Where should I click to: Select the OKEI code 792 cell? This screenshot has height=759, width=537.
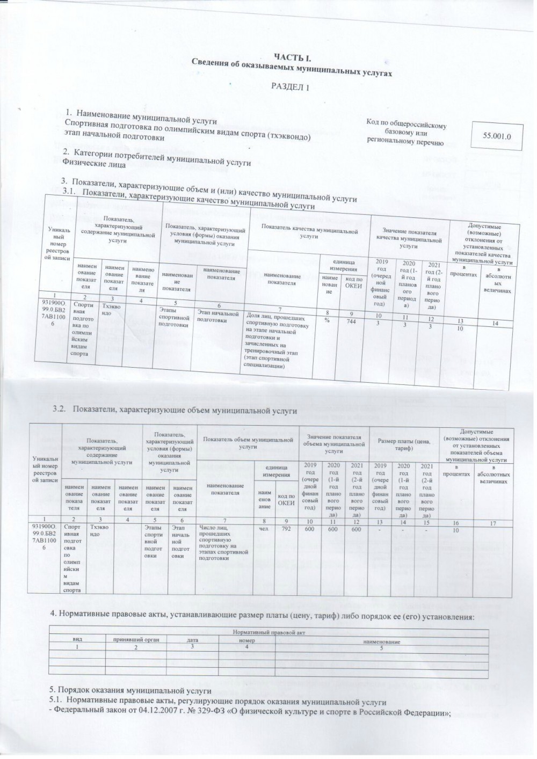pos(286,528)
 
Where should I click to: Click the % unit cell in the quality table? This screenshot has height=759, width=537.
pos(327,319)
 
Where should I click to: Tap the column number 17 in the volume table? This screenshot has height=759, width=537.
pos(494,521)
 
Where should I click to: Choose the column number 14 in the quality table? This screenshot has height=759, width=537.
pos(495,323)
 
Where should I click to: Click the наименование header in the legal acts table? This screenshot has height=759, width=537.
pos(382,641)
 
